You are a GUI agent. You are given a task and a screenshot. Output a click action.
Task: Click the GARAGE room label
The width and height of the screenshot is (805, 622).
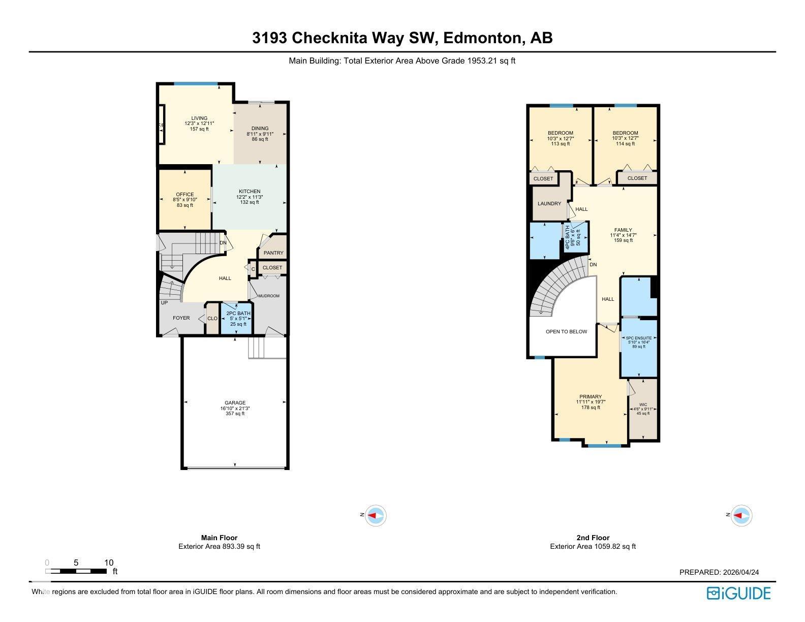235,402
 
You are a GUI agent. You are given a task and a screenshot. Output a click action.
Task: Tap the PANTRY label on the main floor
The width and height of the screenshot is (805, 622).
273,253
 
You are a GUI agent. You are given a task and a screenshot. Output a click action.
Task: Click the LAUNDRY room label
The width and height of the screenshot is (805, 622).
549,203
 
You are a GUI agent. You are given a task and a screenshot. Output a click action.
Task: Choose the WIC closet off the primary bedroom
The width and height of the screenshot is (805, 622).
643,409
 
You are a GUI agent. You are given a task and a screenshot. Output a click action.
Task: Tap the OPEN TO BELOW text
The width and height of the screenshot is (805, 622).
566,331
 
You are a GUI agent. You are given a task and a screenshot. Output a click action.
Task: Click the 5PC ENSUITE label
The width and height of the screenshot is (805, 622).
639,338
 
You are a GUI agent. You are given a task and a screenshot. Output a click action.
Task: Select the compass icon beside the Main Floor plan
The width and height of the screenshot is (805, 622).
376,515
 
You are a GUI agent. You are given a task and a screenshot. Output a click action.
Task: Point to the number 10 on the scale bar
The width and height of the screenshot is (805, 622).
108,563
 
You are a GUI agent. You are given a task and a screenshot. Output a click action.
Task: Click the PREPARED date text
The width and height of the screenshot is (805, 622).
719,572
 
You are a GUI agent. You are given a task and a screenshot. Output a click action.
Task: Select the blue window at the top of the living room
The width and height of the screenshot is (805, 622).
196,84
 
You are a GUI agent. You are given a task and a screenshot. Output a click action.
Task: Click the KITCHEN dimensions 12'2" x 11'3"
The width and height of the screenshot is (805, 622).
250,197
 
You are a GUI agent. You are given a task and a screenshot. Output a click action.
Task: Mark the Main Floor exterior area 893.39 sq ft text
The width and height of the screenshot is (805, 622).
219,546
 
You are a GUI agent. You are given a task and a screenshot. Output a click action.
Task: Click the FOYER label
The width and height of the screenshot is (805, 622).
181,318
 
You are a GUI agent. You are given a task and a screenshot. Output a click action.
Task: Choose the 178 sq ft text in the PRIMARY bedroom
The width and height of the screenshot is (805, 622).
591,407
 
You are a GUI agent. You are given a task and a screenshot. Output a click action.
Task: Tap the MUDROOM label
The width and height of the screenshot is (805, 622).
269,296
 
